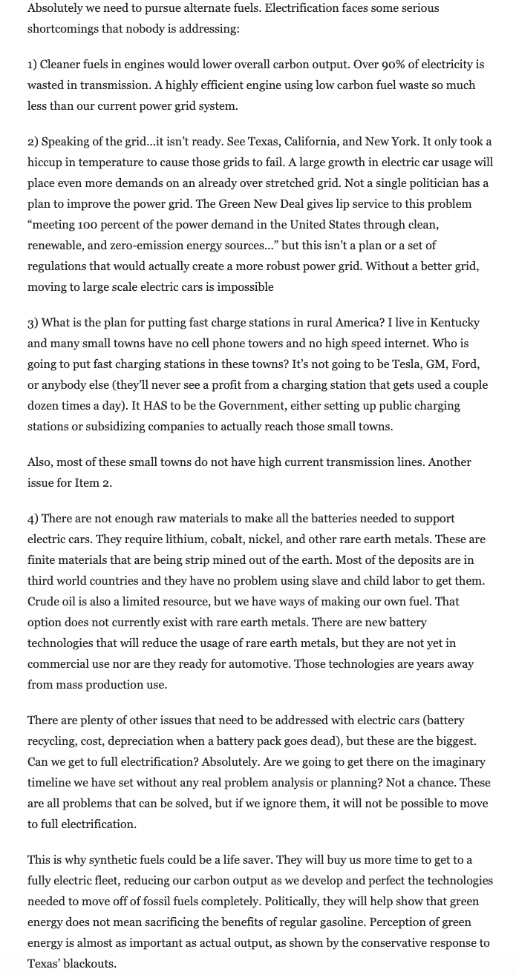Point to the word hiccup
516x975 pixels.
point(47,162)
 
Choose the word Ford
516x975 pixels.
point(466,364)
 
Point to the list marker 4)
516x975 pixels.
point(33,519)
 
